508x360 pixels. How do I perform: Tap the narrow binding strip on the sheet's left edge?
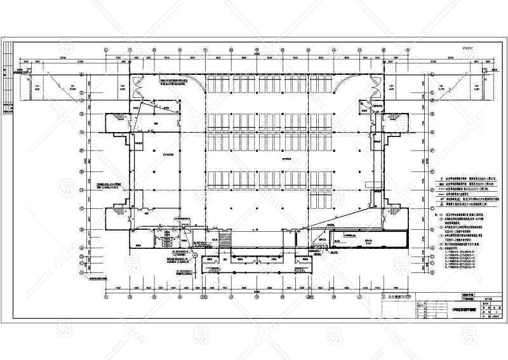pyautogui.click(x=7, y=89)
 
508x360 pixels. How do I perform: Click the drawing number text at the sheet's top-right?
pyautogui.click(x=467, y=47)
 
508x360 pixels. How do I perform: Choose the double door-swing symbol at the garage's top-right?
pyautogui.click(x=368, y=108)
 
